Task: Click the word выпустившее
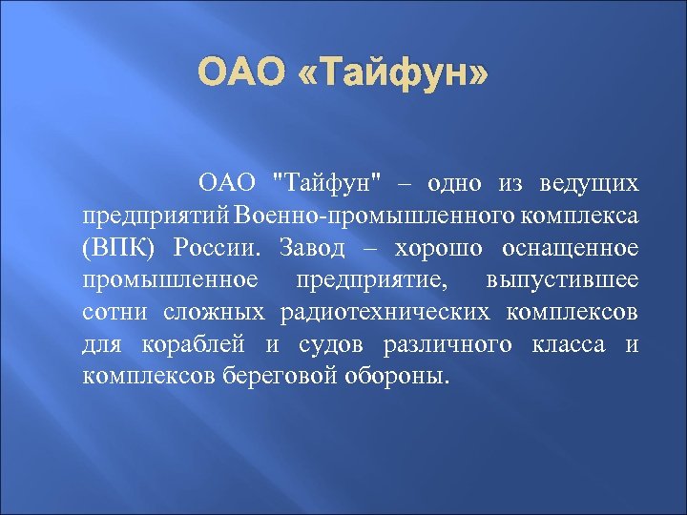(562, 279)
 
